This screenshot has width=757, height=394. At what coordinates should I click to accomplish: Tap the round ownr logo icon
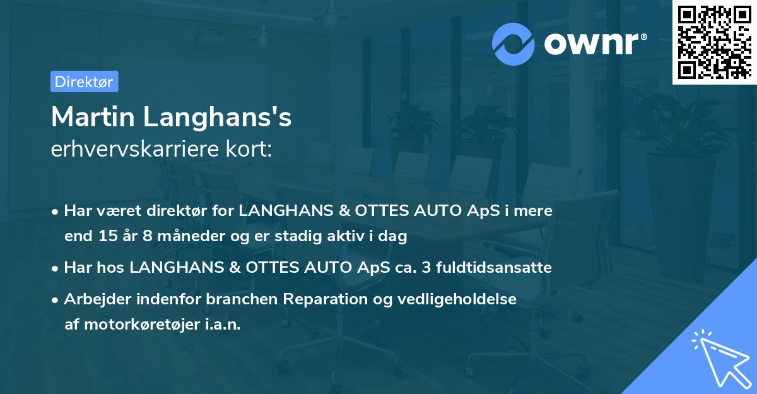514,43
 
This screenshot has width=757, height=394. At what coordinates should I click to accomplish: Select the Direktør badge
84,81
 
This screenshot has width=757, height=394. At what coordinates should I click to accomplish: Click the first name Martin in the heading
92,117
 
